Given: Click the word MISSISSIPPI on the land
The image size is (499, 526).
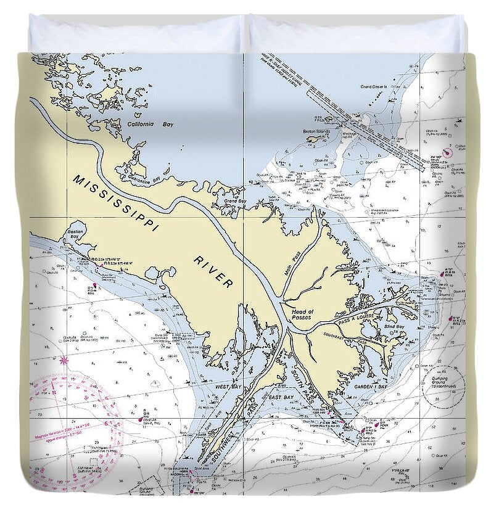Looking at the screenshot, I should (115, 203).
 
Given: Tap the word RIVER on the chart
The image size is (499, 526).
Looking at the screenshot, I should (213, 271).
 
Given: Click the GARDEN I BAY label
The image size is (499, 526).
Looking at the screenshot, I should (370, 387).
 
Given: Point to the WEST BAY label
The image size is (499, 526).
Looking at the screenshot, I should (227, 387).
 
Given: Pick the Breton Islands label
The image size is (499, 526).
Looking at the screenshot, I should (316, 131).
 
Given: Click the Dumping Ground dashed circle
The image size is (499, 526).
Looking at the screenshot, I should (443, 386).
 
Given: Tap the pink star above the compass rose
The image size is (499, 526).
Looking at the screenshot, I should (64, 360).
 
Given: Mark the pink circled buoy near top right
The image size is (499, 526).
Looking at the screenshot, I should (448, 152).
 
